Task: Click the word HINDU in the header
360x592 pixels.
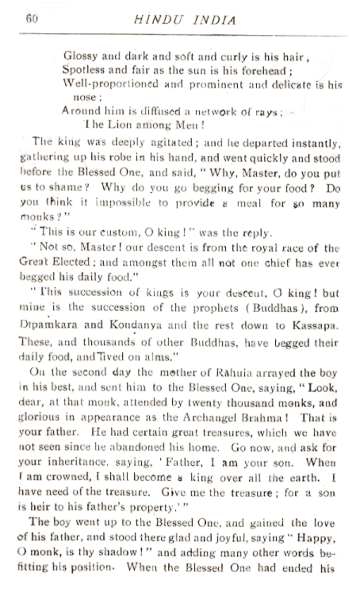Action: [x=174, y=19]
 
